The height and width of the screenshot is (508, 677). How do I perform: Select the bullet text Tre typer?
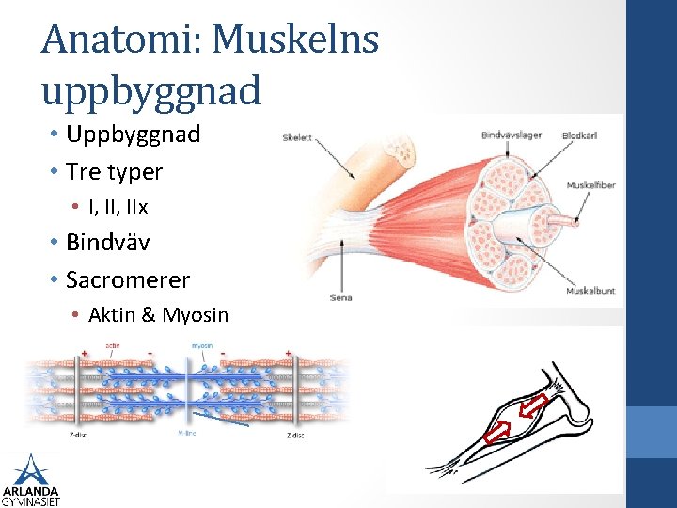[x=114, y=172]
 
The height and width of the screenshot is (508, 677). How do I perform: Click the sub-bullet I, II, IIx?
[x=118, y=206]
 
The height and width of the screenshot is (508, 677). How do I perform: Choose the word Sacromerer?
[x=128, y=280]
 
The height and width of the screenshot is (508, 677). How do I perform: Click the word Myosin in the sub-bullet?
[x=195, y=315]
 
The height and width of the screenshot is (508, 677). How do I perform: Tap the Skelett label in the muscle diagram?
[x=298, y=138]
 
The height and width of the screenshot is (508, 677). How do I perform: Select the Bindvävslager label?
[x=511, y=135]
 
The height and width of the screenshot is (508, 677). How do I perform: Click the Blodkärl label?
[x=579, y=135]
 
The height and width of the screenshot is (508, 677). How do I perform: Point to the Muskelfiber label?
[x=590, y=185]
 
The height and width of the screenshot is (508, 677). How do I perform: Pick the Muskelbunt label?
[x=590, y=292]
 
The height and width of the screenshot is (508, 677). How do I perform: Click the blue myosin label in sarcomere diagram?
[x=204, y=344]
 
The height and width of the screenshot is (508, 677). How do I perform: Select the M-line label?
[x=188, y=434]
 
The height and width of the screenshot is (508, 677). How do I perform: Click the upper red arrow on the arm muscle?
[x=534, y=407]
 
